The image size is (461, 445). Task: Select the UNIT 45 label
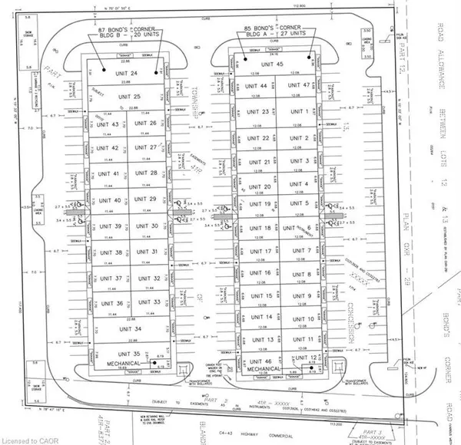[x=276, y=64]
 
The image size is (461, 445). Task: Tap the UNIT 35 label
[x=124, y=354]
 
